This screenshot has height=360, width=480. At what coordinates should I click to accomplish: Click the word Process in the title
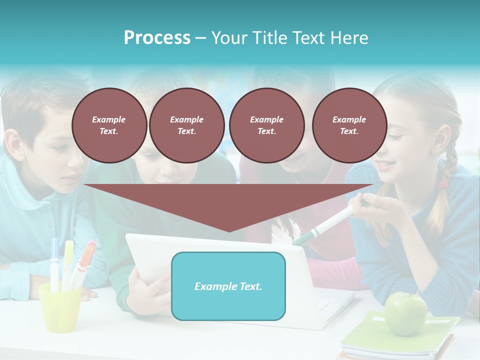click(157, 38)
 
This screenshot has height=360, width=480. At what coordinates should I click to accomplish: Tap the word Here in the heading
click(349, 38)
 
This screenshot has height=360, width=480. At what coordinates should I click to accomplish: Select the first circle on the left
click(109, 125)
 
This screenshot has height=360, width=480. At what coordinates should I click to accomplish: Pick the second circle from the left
click(186, 125)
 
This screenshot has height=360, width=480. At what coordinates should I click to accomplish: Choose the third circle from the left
click(266, 125)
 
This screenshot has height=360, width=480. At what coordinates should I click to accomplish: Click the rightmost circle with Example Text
click(349, 125)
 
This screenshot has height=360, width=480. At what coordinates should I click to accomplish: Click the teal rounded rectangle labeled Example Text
click(228, 286)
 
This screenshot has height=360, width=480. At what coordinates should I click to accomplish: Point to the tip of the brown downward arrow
click(229, 231)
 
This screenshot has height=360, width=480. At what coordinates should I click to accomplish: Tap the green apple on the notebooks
click(405, 315)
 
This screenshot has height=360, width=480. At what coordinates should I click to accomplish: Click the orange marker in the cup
click(86, 257)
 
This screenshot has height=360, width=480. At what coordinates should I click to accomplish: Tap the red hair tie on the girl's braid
click(443, 183)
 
